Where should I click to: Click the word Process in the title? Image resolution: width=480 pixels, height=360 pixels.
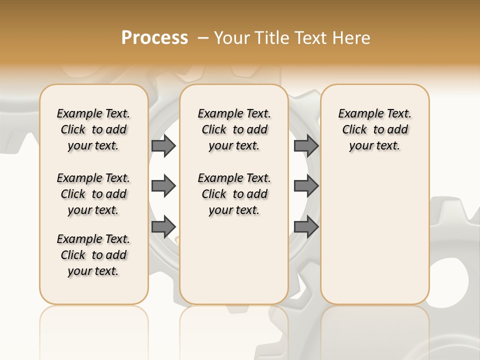[x=154, y=38]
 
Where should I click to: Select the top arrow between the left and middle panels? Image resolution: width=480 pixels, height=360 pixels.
[x=163, y=145]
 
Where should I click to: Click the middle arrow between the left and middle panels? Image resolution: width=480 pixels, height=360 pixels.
[x=163, y=186]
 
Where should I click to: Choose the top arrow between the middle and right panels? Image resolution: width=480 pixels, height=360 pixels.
[x=306, y=145]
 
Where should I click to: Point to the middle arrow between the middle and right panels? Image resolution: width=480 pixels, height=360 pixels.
[x=306, y=186]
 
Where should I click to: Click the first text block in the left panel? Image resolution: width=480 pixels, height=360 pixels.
[x=93, y=129]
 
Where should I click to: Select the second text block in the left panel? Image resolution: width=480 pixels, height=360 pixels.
[x=93, y=194]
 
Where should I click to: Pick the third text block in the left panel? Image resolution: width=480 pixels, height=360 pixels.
[x=93, y=255]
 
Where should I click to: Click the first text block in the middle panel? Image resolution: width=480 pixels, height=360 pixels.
[x=234, y=129]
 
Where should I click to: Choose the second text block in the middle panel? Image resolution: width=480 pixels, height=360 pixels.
[x=234, y=194]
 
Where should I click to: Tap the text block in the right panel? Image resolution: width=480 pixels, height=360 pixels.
[x=374, y=129]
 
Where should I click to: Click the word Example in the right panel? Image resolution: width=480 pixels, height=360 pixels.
[x=357, y=114]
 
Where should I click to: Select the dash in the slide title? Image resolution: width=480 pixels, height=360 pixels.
[x=202, y=38]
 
